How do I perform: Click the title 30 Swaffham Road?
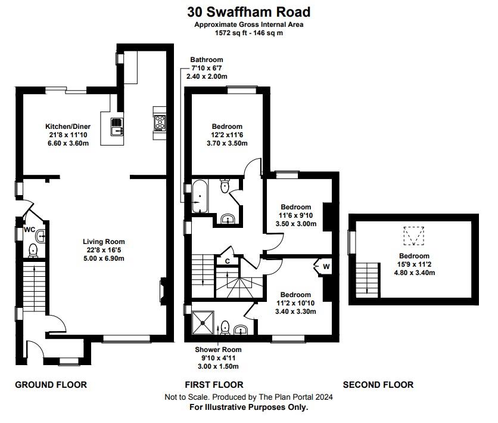tap(248, 12)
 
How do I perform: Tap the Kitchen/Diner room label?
tap(68, 126)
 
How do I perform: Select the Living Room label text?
tap(104, 242)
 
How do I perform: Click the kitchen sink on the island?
tap(117, 126)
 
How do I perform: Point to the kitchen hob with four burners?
tap(160, 123)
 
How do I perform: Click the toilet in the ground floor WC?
tap(33, 251)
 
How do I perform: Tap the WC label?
tap(29, 229)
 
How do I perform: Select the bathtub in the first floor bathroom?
tap(200, 196)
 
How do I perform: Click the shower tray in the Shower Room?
tap(203, 323)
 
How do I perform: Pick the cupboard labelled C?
tap(227, 261)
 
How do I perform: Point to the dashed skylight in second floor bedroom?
tap(414, 236)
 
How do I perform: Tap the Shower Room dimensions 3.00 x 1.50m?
tap(218, 366)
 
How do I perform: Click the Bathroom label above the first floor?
tap(207, 60)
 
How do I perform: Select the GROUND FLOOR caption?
tap(51, 385)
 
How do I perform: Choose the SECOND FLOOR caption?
tap(378, 385)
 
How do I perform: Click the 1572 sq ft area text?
tap(231, 33)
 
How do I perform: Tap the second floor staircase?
tap(368, 280)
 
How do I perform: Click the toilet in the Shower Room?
tap(225, 328)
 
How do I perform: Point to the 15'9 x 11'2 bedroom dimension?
tap(414, 264)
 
